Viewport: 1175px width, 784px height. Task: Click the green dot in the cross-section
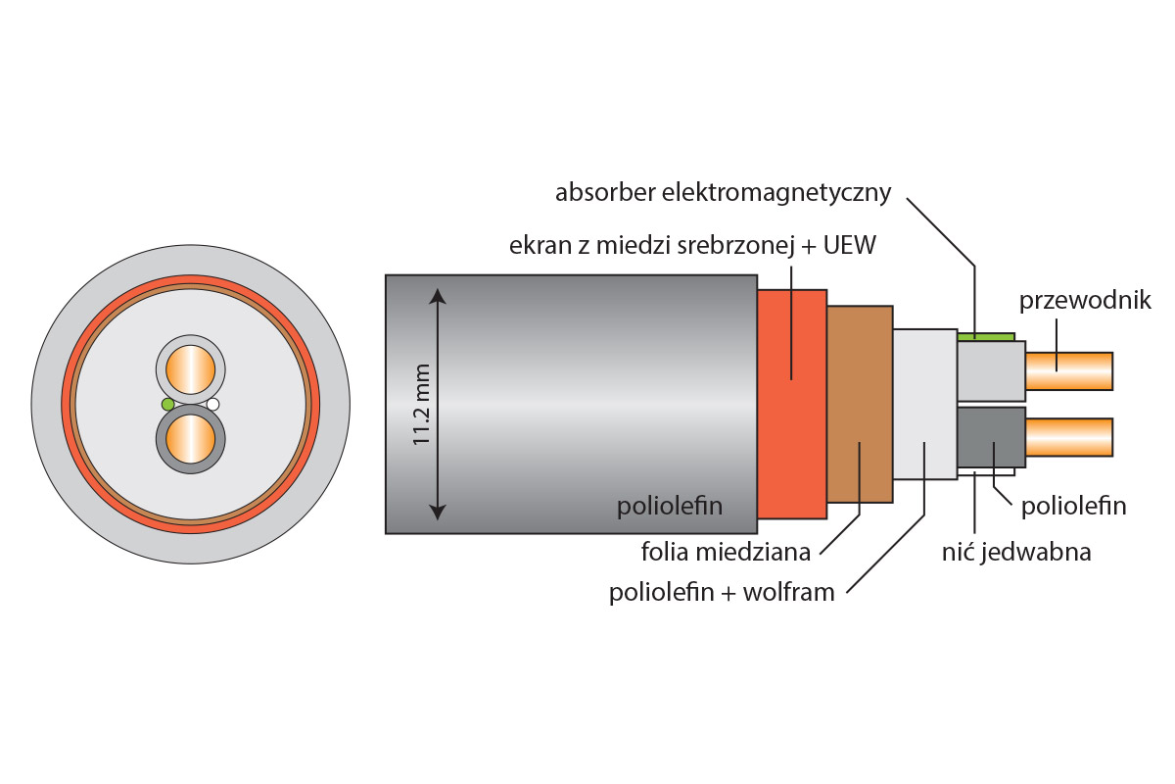168,404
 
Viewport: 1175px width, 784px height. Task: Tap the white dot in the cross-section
212,404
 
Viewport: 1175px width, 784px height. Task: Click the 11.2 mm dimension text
422,404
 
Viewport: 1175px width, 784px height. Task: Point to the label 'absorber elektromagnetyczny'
723,192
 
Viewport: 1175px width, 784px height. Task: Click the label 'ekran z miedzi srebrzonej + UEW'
692,245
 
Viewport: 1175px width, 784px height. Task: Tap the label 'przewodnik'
1085,300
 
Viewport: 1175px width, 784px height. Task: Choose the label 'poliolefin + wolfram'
722,593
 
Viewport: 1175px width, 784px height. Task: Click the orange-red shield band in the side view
791,403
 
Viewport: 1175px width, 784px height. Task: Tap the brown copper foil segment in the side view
859,404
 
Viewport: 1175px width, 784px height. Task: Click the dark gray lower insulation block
990,440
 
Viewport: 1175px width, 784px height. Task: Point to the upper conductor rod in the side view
1068,369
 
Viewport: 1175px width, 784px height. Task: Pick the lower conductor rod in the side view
1068,437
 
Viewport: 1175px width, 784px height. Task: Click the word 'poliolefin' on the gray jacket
669,507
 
